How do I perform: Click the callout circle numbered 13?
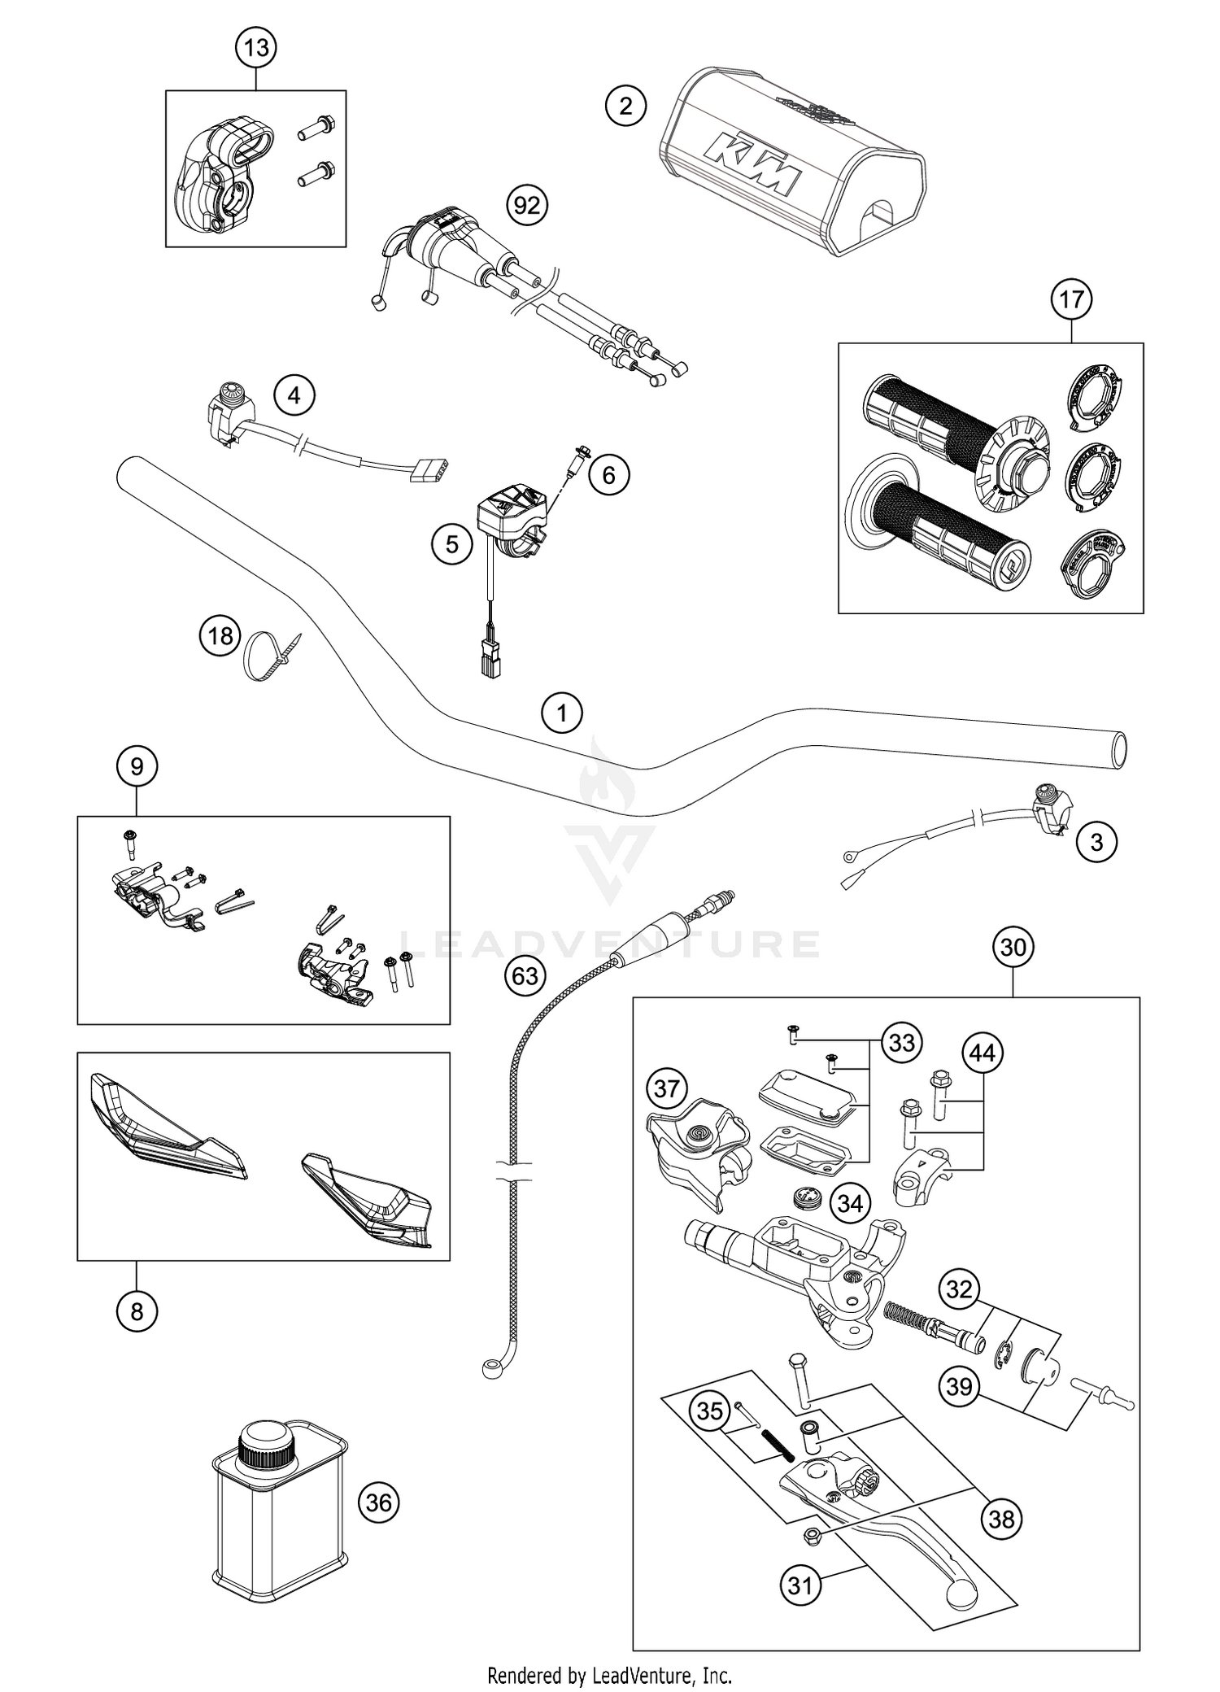[256, 48]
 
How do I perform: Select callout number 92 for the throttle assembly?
[527, 205]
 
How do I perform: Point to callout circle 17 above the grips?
[1071, 299]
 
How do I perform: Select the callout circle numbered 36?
[379, 1502]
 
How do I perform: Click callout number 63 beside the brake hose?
[525, 975]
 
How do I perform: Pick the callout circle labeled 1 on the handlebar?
[562, 714]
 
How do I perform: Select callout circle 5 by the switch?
[452, 543]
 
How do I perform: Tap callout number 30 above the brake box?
[1013, 947]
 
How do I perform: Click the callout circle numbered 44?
[983, 1053]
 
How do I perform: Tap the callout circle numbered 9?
[137, 766]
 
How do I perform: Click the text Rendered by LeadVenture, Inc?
[609, 1675]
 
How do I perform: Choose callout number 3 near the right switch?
[1096, 842]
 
